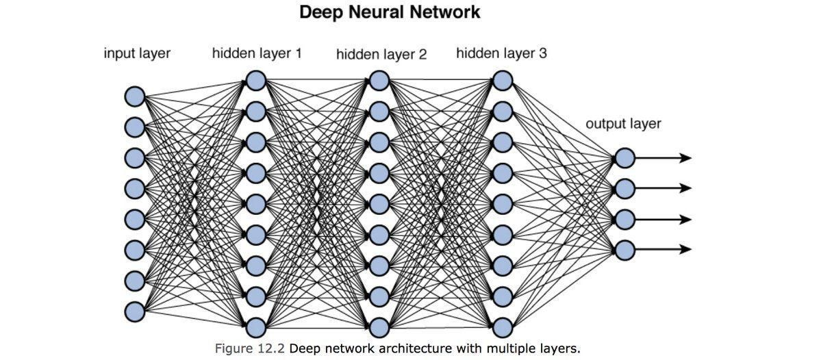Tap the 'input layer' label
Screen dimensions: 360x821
point(137,53)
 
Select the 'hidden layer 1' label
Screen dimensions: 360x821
point(257,53)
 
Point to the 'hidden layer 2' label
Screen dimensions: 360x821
point(381,55)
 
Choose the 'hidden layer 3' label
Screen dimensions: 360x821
point(501,53)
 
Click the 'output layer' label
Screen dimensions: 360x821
point(623,124)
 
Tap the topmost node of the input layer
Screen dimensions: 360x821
point(134,97)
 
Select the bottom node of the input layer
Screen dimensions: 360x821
point(134,311)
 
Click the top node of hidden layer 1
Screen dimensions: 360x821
point(255,81)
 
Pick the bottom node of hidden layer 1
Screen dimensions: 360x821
point(255,326)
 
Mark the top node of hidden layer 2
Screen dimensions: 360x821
point(379,81)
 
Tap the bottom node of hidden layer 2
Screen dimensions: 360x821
point(379,326)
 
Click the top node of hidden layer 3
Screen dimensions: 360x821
point(502,81)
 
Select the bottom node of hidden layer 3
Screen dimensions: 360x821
point(502,326)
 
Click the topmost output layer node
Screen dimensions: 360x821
point(624,158)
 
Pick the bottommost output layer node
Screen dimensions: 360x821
point(624,250)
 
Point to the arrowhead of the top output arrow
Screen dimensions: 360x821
point(686,158)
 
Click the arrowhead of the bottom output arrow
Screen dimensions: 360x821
point(686,250)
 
